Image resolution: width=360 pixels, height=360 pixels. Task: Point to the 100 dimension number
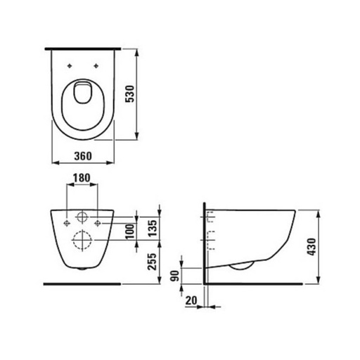tap(129, 231)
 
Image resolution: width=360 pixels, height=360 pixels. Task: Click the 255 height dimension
tap(150, 262)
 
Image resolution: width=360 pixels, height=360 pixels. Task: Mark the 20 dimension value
tap(191, 300)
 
